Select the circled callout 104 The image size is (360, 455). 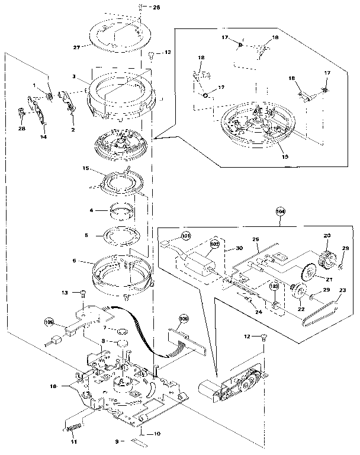pyautogui.click(x=280, y=211)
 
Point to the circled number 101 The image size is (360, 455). pyautogui.click(x=187, y=237)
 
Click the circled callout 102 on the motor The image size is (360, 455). pyautogui.click(x=214, y=243)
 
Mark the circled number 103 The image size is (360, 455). pyautogui.click(x=274, y=287)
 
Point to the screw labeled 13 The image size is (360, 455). pyautogui.click(x=84, y=292)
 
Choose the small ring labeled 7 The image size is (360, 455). pyautogui.click(x=123, y=328)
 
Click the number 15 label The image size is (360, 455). pyautogui.click(x=86, y=169)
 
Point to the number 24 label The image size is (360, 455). pyautogui.click(x=258, y=310)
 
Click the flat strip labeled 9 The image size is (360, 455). pyautogui.click(x=140, y=441)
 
